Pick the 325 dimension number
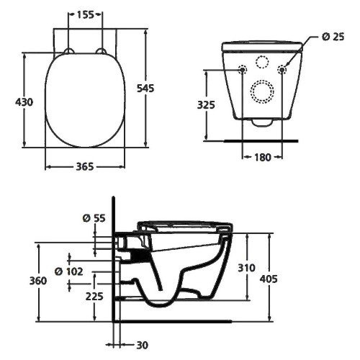207,104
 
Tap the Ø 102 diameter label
69,271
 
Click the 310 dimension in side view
247,268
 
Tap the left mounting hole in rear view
243,70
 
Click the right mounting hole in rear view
282,70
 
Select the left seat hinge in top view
69,51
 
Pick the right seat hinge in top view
102,51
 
